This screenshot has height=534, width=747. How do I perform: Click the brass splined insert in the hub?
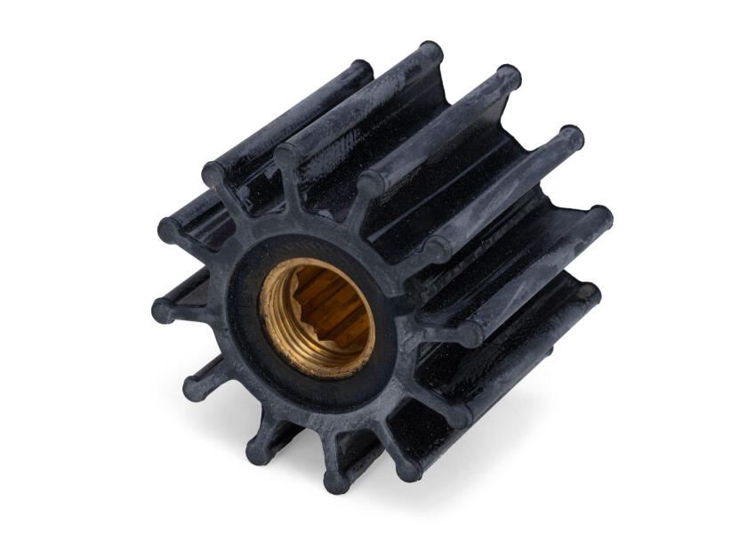[317, 315]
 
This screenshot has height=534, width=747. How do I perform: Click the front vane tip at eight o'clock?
[195, 384]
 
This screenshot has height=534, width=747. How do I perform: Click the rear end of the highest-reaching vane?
[431, 53]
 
